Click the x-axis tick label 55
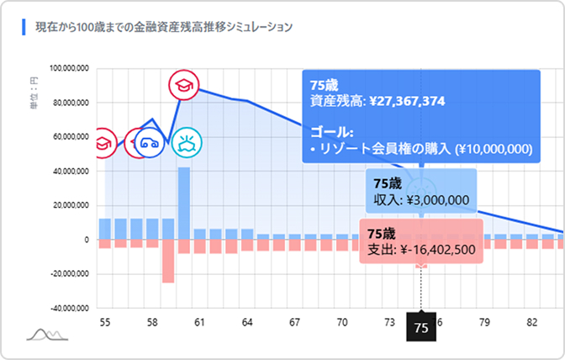pos(105,322)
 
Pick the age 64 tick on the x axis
pos(247,322)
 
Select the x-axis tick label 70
pos(342,322)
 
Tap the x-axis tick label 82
pos(531,322)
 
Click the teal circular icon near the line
pos(186,144)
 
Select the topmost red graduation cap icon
pos(183,85)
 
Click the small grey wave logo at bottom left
pos(47,335)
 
